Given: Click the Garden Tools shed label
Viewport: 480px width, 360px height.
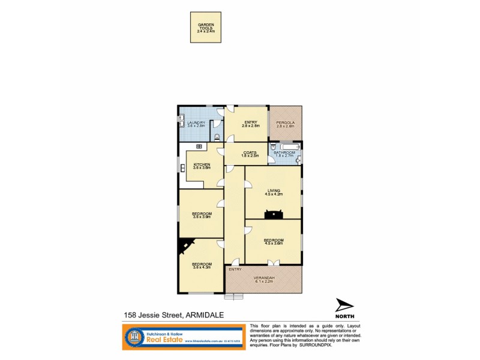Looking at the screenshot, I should (205, 27).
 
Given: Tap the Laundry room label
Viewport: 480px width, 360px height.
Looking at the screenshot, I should (196, 124).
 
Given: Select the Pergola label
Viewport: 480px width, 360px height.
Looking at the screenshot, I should (286, 124).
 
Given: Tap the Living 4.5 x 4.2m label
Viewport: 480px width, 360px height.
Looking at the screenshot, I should (274, 193).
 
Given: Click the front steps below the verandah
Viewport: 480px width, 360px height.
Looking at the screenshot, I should (235, 296).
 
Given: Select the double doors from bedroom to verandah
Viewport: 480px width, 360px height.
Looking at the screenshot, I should (273, 262).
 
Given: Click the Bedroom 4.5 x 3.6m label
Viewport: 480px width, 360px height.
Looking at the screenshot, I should (273, 242).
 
